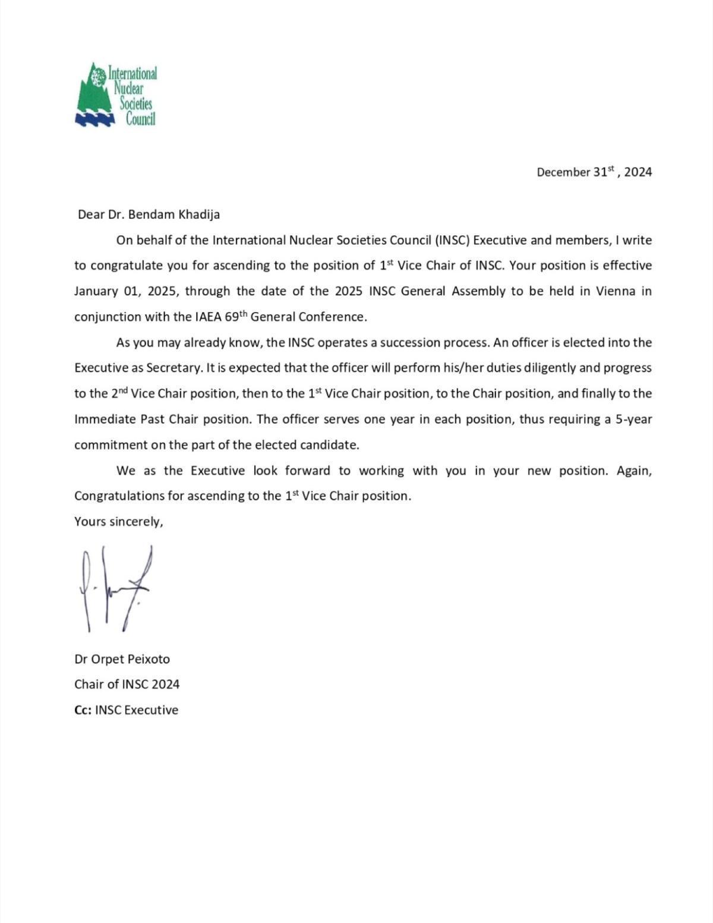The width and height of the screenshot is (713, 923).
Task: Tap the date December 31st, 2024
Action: tap(594, 172)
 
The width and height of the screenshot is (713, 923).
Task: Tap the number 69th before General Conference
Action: tap(235, 316)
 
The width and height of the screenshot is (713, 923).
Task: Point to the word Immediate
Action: tap(105, 419)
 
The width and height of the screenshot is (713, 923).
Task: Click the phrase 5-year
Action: tap(633, 419)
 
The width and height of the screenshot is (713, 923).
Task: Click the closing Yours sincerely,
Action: tap(119, 521)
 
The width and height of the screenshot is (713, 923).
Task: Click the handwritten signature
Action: tap(115, 588)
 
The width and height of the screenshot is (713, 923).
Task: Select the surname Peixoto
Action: tap(147, 659)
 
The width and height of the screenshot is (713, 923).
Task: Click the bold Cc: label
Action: tap(83, 710)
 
